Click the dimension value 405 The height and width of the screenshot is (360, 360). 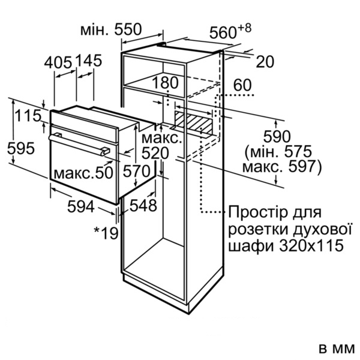(58, 62)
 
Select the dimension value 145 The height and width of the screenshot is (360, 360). (88, 60)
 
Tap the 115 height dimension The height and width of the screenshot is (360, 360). (28, 115)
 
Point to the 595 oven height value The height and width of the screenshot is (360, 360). (21, 148)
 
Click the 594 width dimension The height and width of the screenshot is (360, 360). (81, 206)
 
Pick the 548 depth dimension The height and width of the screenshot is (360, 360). (143, 205)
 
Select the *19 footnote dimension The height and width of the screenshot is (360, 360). (106, 233)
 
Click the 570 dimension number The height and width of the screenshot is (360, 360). (137, 171)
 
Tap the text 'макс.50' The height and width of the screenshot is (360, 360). (83, 173)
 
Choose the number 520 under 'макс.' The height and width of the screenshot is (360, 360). (155, 154)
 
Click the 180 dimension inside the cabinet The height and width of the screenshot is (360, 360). (165, 83)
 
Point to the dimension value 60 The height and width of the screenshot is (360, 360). (242, 85)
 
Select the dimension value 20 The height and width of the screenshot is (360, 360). (265, 62)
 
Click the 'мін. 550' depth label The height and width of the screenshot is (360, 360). (111, 29)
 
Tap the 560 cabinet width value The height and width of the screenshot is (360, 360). (223, 32)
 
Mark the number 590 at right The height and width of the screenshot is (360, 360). (277, 137)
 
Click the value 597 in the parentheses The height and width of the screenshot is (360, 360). (302, 166)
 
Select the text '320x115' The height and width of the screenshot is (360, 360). (311, 245)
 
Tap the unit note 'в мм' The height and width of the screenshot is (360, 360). (337, 349)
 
